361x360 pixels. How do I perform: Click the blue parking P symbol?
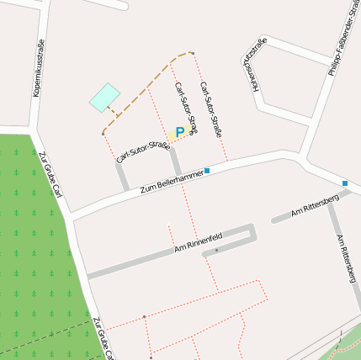pyautogui.click(x=179, y=133)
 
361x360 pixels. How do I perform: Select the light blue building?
pyautogui.click(x=104, y=97)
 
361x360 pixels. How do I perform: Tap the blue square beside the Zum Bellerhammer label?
pyautogui.click(x=207, y=171)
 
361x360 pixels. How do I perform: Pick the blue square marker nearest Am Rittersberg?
pyautogui.click(x=345, y=183)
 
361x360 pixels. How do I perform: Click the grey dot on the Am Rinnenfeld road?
pyautogui.click(x=216, y=251)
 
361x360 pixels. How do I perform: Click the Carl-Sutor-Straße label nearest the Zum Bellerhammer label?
pyautogui.click(x=143, y=152)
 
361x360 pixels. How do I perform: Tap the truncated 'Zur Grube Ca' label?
pyautogui.click(x=102, y=339)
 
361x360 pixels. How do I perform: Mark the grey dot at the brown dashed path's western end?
pyautogui.click(x=103, y=133)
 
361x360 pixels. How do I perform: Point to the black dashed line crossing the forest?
pyautogui.click(x=42, y=335)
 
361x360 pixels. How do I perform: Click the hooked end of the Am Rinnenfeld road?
pyautogui.click(x=252, y=233)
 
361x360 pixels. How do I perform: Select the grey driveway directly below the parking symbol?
pyautogui.click(x=175, y=160)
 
